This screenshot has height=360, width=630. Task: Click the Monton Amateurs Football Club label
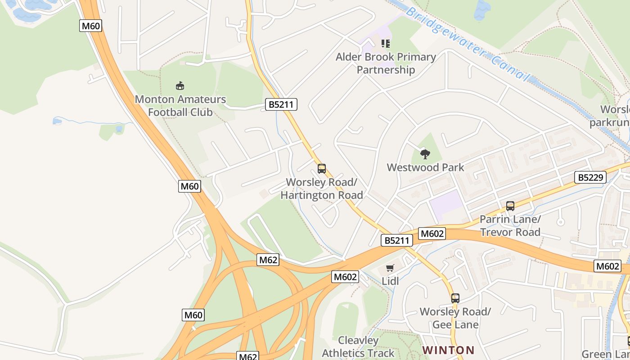pyautogui.click(x=180, y=105)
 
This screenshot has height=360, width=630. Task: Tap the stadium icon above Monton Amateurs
pyautogui.click(x=180, y=85)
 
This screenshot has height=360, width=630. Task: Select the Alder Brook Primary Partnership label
pyautogui.click(x=386, y=63)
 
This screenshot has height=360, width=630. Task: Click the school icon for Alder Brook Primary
pyautogui.click(x=386, y=44)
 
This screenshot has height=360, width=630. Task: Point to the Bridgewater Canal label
pyautogui.click(x=468, y=44)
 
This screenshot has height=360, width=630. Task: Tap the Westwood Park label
pyautogui.click(x=425, y=167)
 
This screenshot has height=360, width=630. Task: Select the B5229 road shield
pyautogui.click(x=590, y=177)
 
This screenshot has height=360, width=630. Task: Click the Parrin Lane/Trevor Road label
pyautogui.click(x=510, y=226)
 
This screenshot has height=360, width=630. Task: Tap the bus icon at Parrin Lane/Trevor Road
pyautogui.click(x=510, y=206)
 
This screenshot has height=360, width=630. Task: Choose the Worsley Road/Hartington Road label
pyautogui.click(x=322, y=189)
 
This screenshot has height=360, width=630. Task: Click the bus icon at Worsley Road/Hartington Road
pyautogui.click(x=322, y=169)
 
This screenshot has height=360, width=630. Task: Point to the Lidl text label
pyautogui.click(x=390, y=281)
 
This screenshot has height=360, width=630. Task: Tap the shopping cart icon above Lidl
pyautogui.click(x=390, y=268)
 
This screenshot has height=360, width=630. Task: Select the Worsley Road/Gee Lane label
pyautogui.click(x=455, y=318)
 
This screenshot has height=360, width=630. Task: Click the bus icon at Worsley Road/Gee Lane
pyautogui.click(x=455, y=298)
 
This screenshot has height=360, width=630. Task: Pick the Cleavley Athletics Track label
pyautogui.click(x=358, y=347)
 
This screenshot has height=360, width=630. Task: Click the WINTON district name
pyautogui.click(x=448, y=350)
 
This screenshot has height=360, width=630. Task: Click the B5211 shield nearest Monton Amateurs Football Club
pyautogui.click(x=281, y=105)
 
